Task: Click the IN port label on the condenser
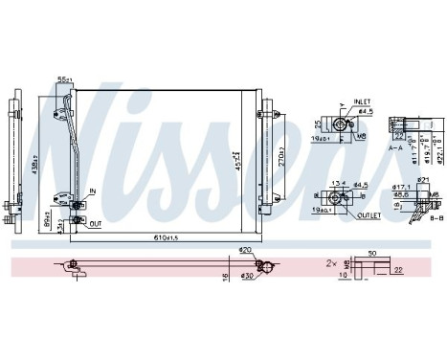[x=94, y=191]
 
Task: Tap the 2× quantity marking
[x=332, y=261]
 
